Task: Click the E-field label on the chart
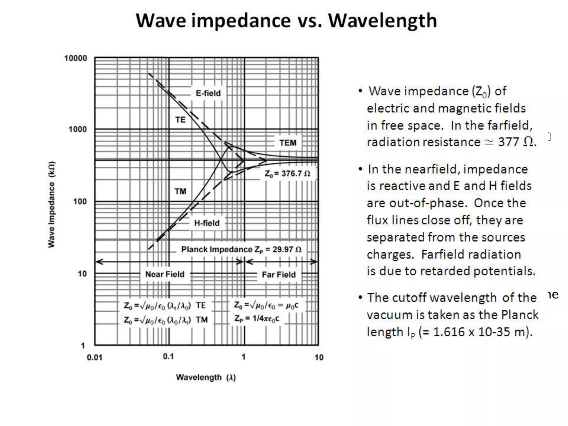tap(208, 93)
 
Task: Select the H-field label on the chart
tap(207, 223)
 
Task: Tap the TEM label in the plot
tap(288, 143)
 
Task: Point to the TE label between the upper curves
tap(180, 120)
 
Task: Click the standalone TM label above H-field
tap(180, 191)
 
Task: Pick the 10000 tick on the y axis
tap(75, 58)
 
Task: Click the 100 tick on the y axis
tap(80, 201)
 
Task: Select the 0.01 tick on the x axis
tap(95, 357)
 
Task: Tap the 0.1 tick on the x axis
tap(168, 356)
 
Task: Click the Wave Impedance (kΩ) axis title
tap(52, 204)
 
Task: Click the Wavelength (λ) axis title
tap(206, 377)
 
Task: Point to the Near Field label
tap(165, 274)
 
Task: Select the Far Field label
tap(278, 275)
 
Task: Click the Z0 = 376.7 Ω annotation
tap(287, 174)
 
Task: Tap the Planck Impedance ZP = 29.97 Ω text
tap(241, 249)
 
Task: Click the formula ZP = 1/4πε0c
tap(257, 318)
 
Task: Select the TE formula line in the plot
tap(165, 305)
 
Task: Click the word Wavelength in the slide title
tap(382, 21)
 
